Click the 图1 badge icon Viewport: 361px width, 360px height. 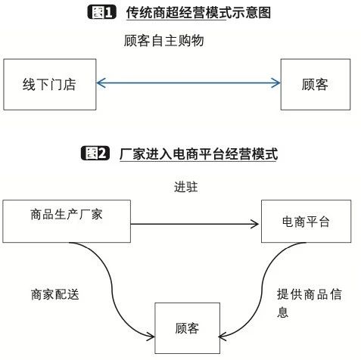(102, 12)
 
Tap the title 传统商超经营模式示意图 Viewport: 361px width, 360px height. (198, 13)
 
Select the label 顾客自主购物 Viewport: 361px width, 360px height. (163, 41)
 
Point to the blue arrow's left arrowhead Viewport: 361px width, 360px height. (101, 82)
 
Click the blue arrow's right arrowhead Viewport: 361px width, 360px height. (275, 82)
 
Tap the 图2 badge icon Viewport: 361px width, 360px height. (95, 153)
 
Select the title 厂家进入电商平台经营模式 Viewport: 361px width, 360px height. (198, 154)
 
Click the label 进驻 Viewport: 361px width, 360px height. (186, 187)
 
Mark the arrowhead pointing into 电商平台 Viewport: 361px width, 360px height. (254, 224)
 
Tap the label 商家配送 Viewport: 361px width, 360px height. (55, 294)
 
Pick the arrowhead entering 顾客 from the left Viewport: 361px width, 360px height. (151, 337)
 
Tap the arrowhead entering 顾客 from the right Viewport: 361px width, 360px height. (223, 337)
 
